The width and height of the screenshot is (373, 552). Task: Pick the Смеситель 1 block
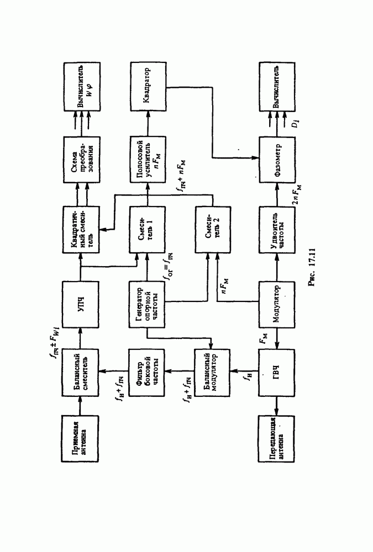point(148,227)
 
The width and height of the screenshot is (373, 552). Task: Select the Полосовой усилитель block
point(148,160)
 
